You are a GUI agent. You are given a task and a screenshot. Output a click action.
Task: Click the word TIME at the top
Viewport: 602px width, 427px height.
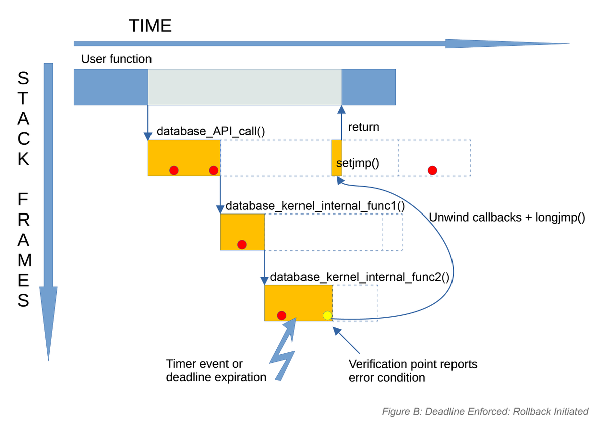pyautogui.click(x=150, y=25)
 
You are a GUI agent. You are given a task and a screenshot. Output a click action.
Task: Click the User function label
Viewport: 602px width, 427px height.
pyautogui.click(x=116, y=59)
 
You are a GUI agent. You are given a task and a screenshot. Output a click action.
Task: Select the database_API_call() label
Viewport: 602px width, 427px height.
pyautogui.click(x=211, y=132)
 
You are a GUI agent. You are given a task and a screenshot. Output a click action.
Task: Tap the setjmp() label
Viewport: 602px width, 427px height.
pyautogui.click(x=357, y=163)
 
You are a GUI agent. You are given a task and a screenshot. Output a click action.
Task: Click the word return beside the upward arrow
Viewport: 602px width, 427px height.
pyautogui.click(x=364, y=127)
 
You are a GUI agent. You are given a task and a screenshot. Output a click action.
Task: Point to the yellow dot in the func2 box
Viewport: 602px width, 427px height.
pyautogui.click(x=327, y=315)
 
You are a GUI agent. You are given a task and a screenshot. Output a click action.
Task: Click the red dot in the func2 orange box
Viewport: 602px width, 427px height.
pyautogui.click(x=281, y=315)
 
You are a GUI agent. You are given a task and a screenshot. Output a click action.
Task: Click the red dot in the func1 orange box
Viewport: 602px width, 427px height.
pyautogui.click(x=242, y=244)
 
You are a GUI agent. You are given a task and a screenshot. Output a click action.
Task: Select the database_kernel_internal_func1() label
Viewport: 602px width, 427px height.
pyautogui.click(x=315, y=206)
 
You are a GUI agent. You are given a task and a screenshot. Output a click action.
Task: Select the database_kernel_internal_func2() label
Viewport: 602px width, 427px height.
pyautogui.click(x=359, y=277)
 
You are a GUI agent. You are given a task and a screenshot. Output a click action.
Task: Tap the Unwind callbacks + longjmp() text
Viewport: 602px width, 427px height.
pyautogui.click(x=507, y=218)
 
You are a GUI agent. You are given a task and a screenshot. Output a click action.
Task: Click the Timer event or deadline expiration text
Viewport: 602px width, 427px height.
pyautogui.click(x=216, y=370)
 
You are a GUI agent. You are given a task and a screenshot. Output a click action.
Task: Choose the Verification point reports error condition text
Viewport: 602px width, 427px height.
pyautogui.click(x=412, y=370)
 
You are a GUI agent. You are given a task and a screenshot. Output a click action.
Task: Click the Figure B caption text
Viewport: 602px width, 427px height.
pyautogui.click(x=485, y=411)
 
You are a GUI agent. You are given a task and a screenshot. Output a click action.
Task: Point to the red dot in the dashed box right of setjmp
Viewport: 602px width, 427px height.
pyautogui.click(x=432, y=170)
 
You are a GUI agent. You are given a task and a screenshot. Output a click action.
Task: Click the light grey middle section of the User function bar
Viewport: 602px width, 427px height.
pyautogui.click(x=245, y=87)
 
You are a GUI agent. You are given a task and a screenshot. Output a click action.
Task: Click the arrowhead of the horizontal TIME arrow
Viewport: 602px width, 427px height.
pyautogui.click(x=507, y=44)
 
